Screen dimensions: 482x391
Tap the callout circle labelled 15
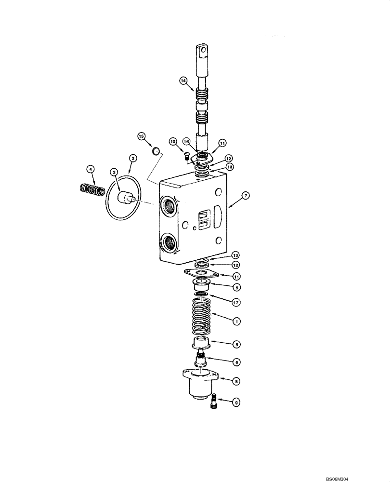click(141, 136)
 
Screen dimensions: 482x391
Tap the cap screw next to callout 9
click(215, 401)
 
